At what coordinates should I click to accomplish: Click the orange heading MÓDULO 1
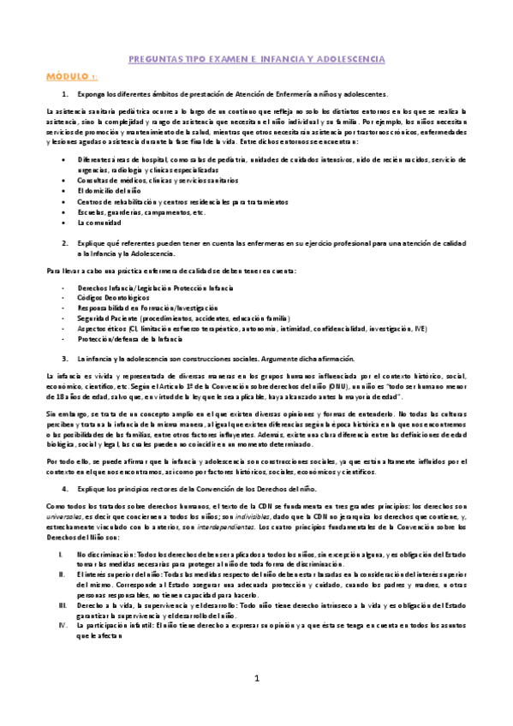point(72,75)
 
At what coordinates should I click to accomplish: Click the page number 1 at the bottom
point(256,678)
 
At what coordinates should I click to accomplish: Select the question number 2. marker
point(65,242)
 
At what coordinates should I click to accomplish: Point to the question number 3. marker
point(65,357)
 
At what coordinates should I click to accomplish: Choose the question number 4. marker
point(65,487)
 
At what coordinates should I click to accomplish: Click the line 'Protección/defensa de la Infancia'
point(129,338)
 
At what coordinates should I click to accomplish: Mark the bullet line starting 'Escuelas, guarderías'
point(128,211)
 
